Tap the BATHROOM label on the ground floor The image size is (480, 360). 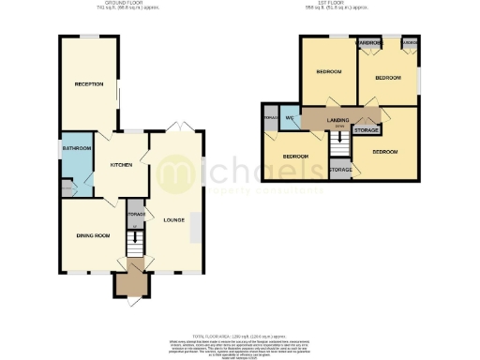point(76,148)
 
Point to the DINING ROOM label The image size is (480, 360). point(95,234)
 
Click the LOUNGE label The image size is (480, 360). point(172,220)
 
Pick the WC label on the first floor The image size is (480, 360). point(290,118)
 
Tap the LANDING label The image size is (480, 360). point(337,121)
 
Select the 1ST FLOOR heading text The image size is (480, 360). point(357,4)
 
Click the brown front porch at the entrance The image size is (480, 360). point(127,282)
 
